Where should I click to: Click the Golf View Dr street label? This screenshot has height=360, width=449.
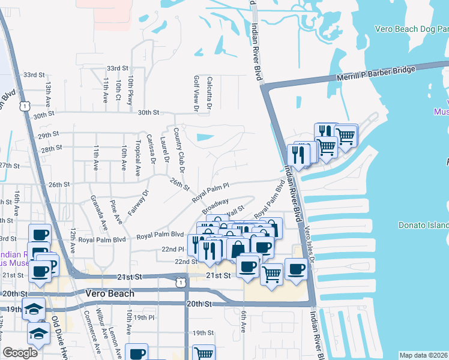click(x=196, y=93)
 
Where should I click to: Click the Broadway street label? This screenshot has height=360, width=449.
click(x=215, y=205)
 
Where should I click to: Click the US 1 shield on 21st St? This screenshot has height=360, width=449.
click(x=179, y=280)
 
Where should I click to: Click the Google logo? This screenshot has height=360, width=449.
click(x=20, y=353)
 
